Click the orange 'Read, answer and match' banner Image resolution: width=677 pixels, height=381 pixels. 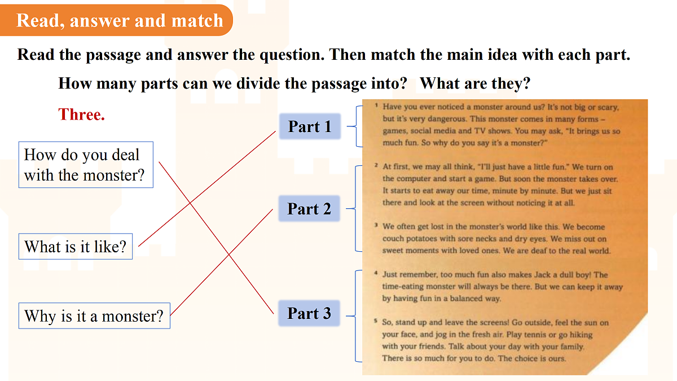point(116,20)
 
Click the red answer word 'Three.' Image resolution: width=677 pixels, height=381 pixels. point(81,115)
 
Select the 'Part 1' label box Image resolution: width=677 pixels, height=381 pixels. point(310,126)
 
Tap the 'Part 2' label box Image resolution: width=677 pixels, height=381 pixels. point(309,209)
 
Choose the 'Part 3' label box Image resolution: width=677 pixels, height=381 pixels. point(309,313)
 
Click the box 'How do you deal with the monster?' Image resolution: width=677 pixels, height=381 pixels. point(86,165)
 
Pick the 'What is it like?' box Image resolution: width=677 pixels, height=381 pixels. point(76,247)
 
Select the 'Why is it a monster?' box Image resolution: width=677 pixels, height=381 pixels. point(94,316)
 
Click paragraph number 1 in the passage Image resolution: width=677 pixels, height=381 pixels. point(376,105)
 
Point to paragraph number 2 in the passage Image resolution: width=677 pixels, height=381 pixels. point(376,165)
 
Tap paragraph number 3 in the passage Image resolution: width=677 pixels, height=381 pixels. point(376,225)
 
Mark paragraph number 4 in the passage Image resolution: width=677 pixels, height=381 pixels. point(376,273)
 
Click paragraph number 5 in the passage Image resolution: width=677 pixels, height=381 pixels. point(375,321)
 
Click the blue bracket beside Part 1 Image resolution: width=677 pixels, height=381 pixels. point(357,126)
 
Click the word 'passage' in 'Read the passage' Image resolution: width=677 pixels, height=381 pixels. point(113,55)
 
